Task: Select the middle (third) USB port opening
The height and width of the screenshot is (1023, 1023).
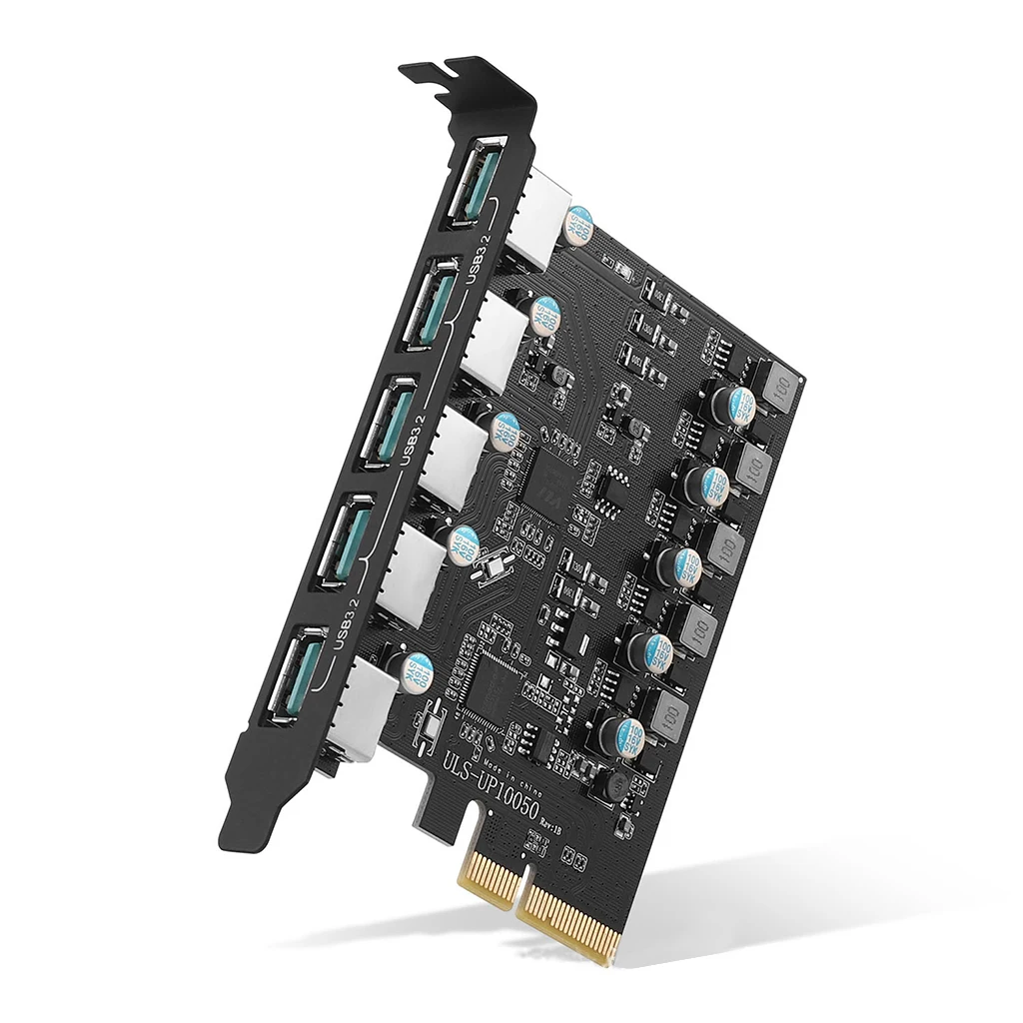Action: coord(386,424)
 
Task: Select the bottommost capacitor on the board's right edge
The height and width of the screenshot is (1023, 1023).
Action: coord(629,736)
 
